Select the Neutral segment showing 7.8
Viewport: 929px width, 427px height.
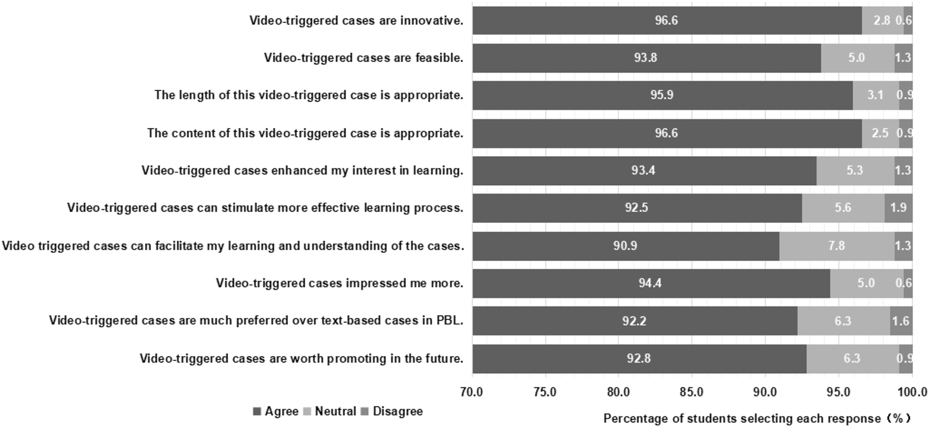(836, 246)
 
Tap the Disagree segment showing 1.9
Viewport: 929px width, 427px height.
(898, 208)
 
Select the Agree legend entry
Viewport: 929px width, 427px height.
(276, 411)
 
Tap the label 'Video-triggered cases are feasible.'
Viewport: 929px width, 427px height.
(364, 58)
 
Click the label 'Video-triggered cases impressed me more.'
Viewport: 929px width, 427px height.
(340, 283)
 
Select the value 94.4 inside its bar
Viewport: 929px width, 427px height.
(650, 283)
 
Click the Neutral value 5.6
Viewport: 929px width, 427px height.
(843, 208)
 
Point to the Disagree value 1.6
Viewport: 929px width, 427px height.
(900, 321)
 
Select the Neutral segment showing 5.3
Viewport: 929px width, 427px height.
(854, 171)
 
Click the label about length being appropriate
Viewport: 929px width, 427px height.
(309, 95)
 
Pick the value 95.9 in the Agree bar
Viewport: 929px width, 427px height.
(662, 95)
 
